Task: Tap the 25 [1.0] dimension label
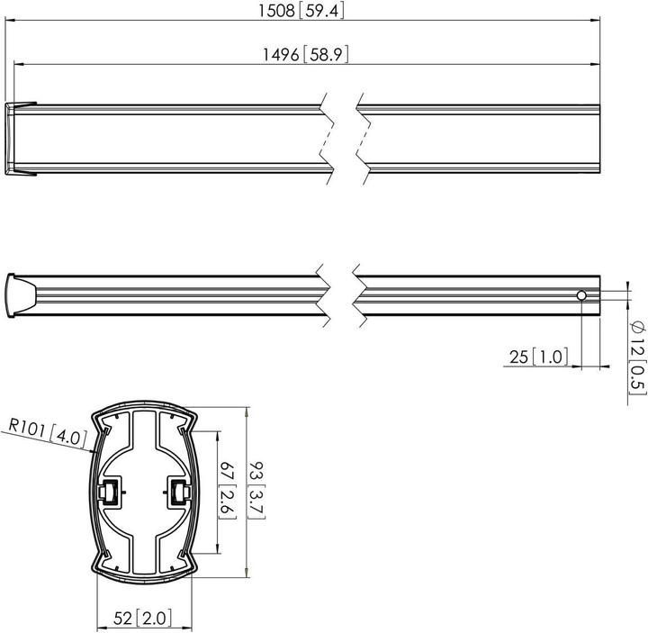pos(538,357)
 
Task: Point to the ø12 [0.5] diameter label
pos(637,356)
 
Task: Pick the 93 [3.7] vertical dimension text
pos(257,490)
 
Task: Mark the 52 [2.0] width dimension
pos(144,619)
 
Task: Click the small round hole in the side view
pos(582,296)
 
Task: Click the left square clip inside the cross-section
pos(112,492)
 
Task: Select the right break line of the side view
pos(359,294)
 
